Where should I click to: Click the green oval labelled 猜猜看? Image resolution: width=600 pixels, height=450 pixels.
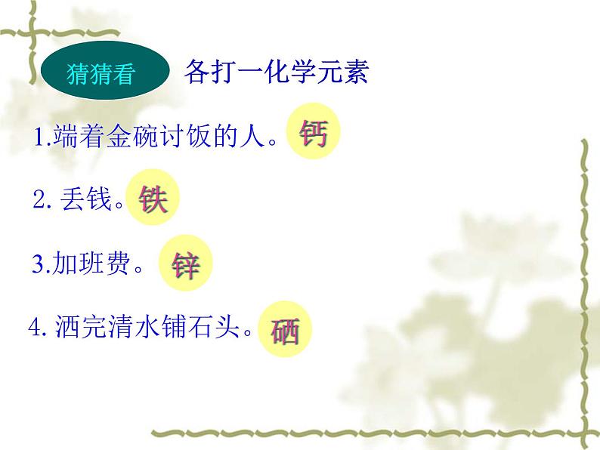101,75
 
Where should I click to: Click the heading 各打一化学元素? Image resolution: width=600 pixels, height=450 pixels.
275,72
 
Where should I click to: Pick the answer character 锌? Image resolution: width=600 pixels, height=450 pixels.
185,266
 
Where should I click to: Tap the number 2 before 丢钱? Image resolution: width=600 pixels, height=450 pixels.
39,202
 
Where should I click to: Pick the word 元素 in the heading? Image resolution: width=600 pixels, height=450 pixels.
343,72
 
